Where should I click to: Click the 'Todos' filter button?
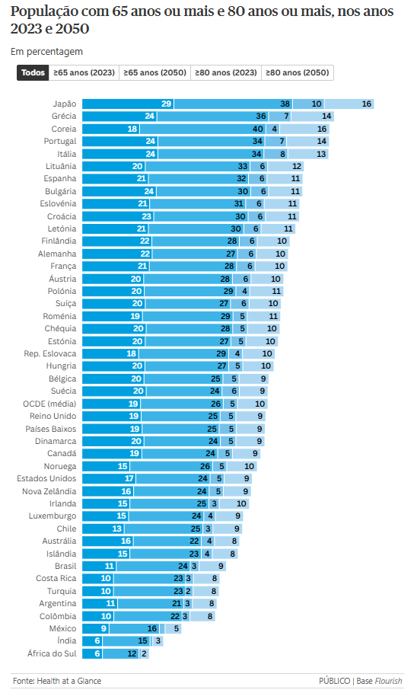[x=33, y=73]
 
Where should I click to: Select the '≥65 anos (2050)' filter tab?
[x=154, y=73]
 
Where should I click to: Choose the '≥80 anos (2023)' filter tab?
[x=225, y=73]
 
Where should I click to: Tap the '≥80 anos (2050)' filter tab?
[x=297, y=73]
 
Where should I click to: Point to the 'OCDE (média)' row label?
[x=50, y=404]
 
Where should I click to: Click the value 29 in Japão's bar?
[x=166, y=104]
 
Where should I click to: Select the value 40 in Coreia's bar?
[x=279, y=129]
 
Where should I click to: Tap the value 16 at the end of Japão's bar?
[x=367, y=104]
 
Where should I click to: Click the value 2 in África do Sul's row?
[x=143, y=653]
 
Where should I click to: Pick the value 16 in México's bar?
[x=152, y=628]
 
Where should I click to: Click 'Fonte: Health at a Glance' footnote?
[x=57, y=681]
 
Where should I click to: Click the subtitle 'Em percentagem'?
[x=46, y=52]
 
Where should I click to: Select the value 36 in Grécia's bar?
[x=261, y=117]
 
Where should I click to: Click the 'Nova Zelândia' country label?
[x=49, y=491]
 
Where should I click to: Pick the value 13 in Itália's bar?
[x=322, y=154]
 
